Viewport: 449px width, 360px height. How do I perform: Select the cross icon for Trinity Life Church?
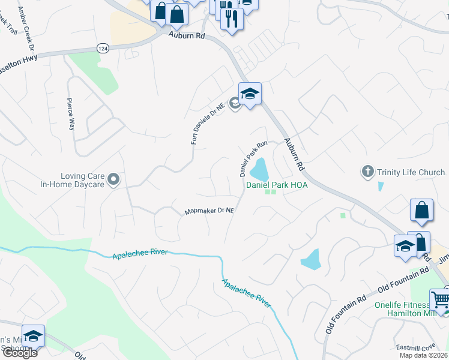[368, 172]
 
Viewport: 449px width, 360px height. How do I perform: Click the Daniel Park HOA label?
[277, 185]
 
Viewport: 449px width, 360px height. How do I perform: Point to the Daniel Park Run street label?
[253, 159]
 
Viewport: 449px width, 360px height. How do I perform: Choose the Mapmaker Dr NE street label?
[208, 211]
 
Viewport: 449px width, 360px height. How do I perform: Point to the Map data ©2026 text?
[423, 355]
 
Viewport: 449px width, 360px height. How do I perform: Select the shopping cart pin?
[440, 299]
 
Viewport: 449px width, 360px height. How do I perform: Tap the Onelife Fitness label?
[402, 304]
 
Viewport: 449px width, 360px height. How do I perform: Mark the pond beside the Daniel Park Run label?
[259, 170]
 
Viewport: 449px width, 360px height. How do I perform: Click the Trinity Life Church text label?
[411, 173]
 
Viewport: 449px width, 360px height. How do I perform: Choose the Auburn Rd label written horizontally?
[187, 36]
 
